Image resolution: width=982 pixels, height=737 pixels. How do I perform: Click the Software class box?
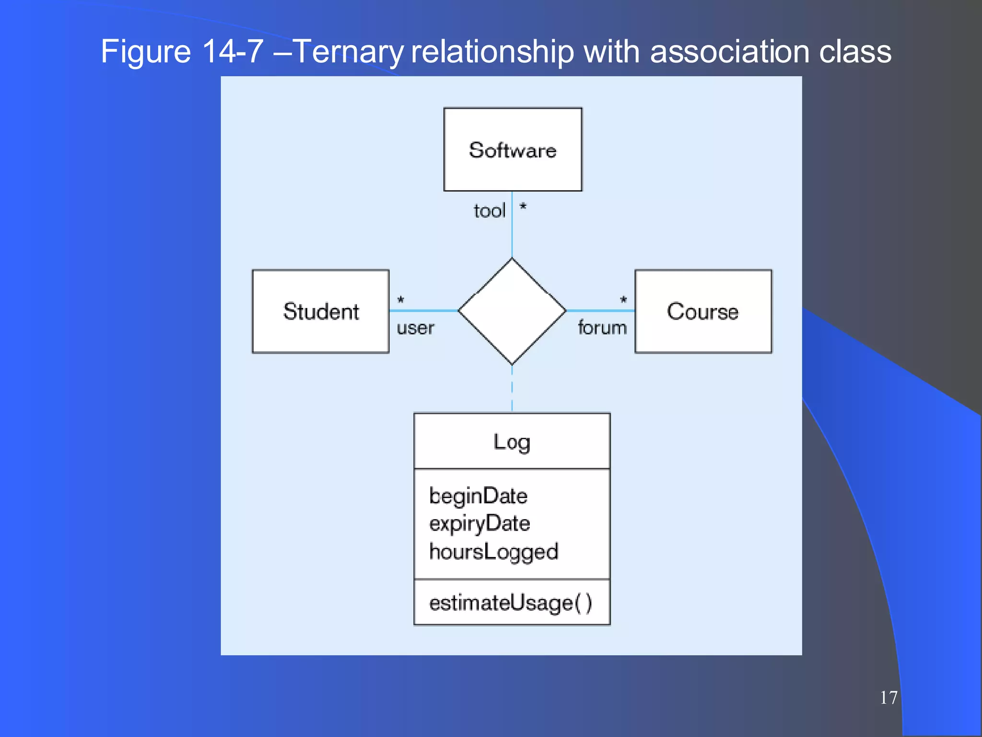pyautogui.click(x=513, y=150)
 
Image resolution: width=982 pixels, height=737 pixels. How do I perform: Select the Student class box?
pyautogui.click(x=321, y=311)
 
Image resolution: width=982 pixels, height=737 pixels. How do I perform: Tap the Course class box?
pyautogui.click(x=703, y=311)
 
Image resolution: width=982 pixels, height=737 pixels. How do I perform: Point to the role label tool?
pyautogui.click(x=490, y=211)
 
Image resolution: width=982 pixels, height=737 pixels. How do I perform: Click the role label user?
pyautogui.click(x=415, y=328)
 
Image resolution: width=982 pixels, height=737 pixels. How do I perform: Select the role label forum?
pyautogui.click(x=602, y=328)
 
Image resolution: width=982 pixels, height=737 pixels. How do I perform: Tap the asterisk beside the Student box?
pyautogui.click(x=401, y=300)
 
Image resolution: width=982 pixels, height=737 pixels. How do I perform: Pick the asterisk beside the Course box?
pyautogui.click(x=623, y=300)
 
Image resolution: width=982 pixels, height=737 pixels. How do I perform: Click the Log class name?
pyautogui.click(x=512, y=442)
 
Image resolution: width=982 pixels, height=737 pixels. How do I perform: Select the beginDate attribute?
pyautogui.click(x=478, y=496)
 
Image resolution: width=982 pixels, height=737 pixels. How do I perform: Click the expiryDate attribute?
pyautogui.click(x=479, y=523)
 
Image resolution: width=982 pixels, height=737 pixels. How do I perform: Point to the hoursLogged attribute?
pyautogui.click(x=494, y=552)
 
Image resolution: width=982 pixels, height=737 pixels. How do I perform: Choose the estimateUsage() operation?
pyautogui.click(x=511, y=603)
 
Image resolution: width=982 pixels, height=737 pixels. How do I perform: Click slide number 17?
pyautogui.click(x=888, y=698)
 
